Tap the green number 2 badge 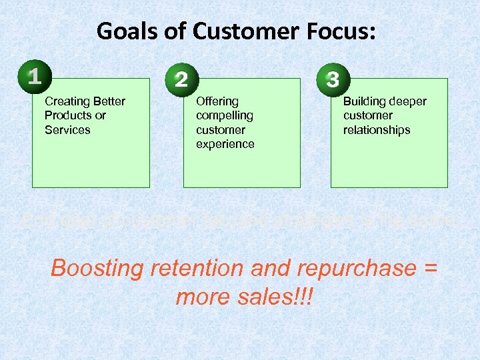181,79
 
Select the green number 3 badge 331,79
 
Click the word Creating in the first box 67,101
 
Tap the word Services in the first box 67,130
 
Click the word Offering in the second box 217,101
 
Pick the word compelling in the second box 225,115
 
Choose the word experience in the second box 225,144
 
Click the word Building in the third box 364,101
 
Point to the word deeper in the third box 407,101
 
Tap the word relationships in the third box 377,130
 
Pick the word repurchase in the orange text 359,268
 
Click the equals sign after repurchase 431,268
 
